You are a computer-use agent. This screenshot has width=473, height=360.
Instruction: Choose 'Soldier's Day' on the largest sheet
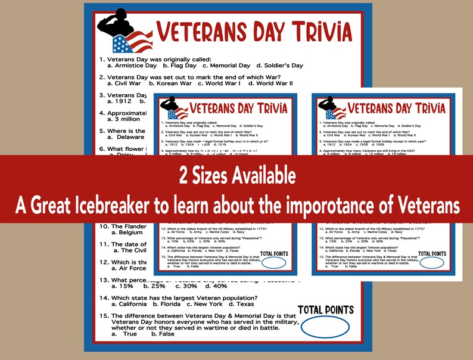click(280, 66)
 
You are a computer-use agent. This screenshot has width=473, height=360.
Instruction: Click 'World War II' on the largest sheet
click(275, 83)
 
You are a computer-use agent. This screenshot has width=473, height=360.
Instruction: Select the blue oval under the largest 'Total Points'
click(326, 328)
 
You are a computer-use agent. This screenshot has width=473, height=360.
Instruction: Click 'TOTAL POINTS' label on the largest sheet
click(326, 309)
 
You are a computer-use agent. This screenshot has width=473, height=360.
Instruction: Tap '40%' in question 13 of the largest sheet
click(220, 286)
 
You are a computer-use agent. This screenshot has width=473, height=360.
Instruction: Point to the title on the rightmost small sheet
click(396, 108)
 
